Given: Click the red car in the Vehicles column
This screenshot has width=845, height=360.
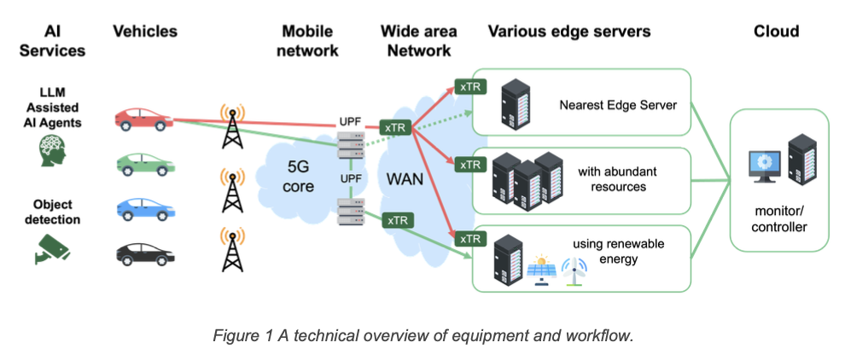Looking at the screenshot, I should [142, 120].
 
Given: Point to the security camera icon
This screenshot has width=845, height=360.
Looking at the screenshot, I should [51, 247].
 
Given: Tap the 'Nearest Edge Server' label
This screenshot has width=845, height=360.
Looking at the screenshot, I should [618, 106].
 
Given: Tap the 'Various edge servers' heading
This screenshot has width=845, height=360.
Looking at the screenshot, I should [569, 32].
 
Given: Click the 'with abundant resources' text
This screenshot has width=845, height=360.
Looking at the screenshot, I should [611, 178].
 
